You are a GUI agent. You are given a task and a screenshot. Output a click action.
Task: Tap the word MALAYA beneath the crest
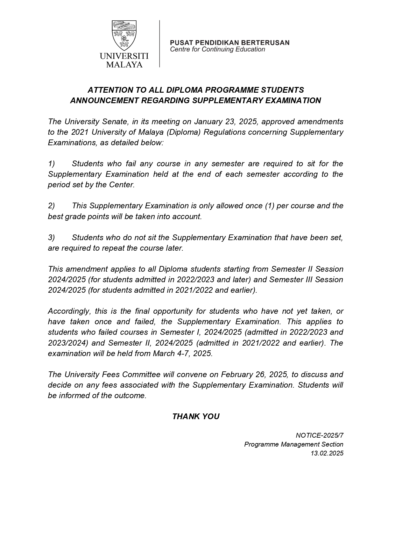click(124, 65)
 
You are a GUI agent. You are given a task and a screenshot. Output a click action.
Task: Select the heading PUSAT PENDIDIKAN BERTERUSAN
click(229, 43)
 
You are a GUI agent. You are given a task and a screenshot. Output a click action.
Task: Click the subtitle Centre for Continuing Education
click(217, 49)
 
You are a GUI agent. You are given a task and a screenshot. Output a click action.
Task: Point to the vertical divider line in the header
click(159, 44)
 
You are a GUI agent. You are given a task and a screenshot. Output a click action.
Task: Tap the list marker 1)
click(52, 164)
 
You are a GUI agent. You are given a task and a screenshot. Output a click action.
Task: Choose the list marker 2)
click(52, 206)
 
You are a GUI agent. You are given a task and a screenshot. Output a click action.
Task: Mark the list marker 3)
click(52, 238)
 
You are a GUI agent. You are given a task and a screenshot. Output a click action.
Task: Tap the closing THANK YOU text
click(196, 417)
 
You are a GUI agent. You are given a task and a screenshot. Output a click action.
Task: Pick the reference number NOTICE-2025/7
click(319, 435)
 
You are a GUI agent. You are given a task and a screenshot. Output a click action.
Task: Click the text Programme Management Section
click(293, 444)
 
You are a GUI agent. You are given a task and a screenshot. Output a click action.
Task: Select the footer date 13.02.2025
click(327, 453)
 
